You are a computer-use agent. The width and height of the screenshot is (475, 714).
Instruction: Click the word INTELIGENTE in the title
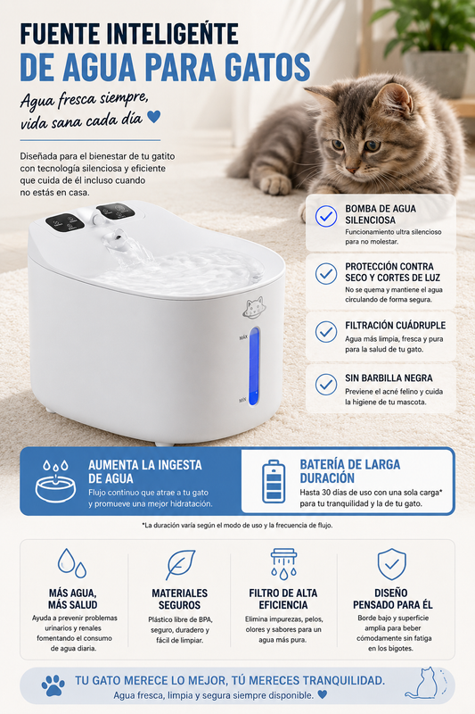tap(176, 33)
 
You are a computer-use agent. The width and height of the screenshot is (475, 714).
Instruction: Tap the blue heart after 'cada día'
tap(153, 117)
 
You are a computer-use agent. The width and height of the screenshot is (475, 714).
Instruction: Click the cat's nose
tap(351, 170)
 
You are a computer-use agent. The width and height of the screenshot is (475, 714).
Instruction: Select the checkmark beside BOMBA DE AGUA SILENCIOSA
tap(326, 216)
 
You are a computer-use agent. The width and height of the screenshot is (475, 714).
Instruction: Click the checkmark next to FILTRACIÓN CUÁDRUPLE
tap(326, 332)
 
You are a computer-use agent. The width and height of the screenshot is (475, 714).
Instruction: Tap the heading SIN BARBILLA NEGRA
tap(389, 378)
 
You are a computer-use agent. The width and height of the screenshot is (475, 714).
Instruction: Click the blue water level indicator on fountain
tap(254, 366)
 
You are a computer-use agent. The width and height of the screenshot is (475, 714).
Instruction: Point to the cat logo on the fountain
tap(254, 307)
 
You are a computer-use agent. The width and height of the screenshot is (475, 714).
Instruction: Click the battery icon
tap(274, 481)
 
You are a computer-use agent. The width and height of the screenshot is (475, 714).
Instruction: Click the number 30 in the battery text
tap(326, 493)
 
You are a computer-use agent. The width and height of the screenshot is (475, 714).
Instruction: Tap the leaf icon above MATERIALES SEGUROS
tap(180, 565)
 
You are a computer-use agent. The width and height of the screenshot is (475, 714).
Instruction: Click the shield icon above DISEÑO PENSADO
tap(391, 564)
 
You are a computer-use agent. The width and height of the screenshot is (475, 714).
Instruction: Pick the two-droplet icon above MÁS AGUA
tap(72, 563)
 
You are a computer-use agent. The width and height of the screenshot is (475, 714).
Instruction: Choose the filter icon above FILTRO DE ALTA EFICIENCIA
tap(283, 564)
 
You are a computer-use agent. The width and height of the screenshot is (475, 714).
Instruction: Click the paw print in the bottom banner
tap(53, 685)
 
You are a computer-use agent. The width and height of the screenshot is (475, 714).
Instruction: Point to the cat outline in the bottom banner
tap(425, 683)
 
